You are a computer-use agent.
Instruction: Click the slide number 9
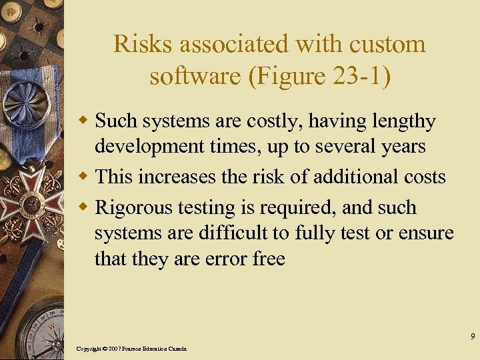(472, 336)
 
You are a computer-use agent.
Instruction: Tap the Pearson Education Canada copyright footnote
(131, 349)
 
